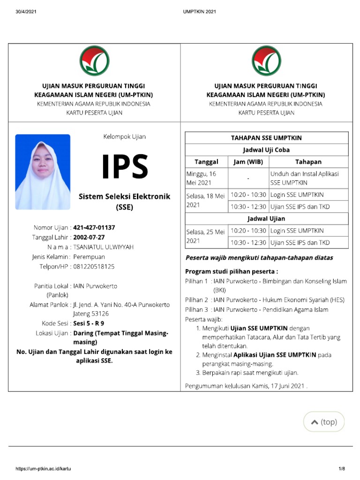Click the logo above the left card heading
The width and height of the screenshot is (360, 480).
[x=94, y=61]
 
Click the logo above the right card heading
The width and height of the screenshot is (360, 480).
[x=266, y=61]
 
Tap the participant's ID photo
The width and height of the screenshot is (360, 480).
[x=43, y=172]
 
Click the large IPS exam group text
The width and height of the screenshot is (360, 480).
[x=125, y=167]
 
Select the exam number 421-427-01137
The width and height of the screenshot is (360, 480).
[x=94, y=227]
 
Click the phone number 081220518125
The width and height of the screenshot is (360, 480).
[x=94, y=266]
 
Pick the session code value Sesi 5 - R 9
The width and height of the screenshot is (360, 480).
[x=89, y=323]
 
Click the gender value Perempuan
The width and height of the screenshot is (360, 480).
[x=89, y=256]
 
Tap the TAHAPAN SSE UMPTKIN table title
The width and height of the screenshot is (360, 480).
[x=266, y=138]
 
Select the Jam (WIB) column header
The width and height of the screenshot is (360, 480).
[x=248, y=162]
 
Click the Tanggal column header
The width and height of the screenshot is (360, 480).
[x=206, y=162]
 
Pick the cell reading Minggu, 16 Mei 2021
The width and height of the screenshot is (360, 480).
[x=206, y=178]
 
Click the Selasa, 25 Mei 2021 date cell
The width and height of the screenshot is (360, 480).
[x=206, y=236]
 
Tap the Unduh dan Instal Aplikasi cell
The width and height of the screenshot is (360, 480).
[x=308, y=178]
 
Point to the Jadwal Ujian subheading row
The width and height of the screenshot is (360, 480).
[x=266, y=218]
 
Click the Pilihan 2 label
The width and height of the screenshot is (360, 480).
[x=196, y=300]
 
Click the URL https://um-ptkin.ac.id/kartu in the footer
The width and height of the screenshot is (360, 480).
[x=44, y=469]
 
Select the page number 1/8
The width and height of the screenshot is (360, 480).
[x=342, y=469]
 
